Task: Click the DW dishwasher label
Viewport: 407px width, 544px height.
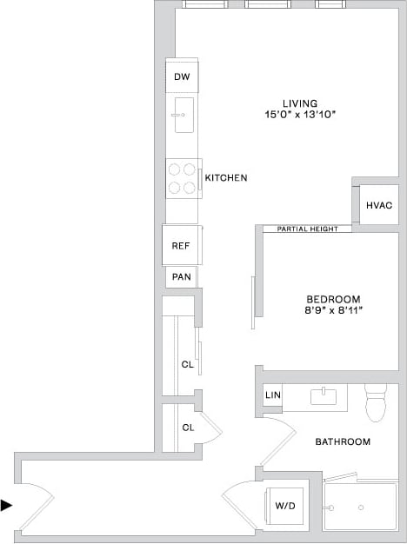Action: tap(182, 77)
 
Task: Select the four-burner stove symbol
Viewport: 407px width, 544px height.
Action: tap(182, 178)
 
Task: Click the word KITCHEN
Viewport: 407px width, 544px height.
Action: tap(226, 178)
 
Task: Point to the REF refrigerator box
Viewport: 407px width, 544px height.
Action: tap(181, 246)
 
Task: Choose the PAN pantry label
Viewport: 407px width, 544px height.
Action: tap(181, 277)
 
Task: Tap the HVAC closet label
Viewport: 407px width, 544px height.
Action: tap(379, 206)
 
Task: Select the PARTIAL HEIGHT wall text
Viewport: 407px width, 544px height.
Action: tap(307, 229)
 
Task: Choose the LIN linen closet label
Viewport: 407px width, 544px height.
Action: tap(273, 395)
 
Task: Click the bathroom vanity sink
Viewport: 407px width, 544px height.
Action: tap(324, 398)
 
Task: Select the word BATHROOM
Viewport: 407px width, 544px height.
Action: tap(343, 441)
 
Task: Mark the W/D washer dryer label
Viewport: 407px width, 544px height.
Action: tap(285, 505)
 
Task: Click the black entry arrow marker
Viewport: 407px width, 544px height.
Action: tap(7, 505)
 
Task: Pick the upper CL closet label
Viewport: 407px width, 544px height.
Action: tap(187, 365)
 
